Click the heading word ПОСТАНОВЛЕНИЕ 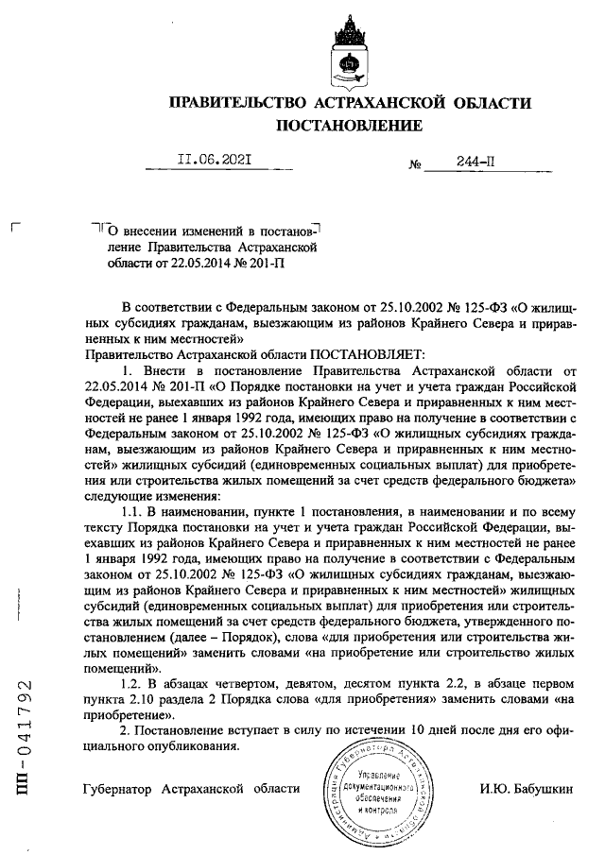(x=349, y=126)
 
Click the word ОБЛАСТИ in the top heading (x=487, y=102)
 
